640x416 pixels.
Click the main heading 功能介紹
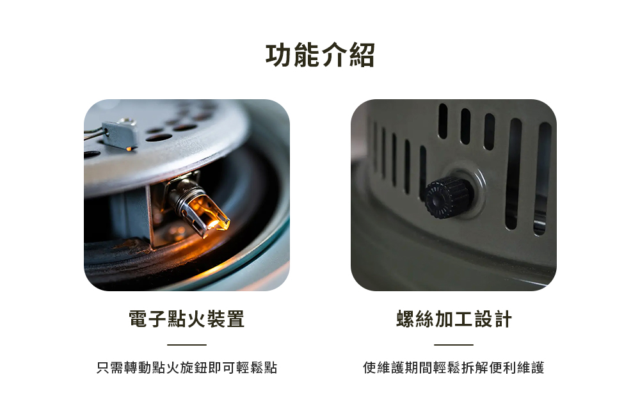tap(320, 54)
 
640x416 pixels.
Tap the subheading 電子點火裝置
tap(186, 319)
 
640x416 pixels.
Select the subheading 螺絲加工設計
tap(454, 319)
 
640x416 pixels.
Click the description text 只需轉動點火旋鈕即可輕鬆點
tap(186, 367)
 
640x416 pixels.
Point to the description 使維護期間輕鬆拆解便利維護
tap(454, 367)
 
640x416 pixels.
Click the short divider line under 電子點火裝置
tap(186, 344)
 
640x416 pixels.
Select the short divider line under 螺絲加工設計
tap(454, 344)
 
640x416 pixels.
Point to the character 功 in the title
tap(279, 54)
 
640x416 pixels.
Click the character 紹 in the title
tap(362, 54)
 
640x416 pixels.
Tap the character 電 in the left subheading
tap(138, 319)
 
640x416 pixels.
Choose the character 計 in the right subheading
tap(502, 319)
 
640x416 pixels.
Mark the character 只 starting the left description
tap(103, 367)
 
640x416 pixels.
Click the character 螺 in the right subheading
tap(405, 319)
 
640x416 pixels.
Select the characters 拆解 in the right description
tap(475, 367)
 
